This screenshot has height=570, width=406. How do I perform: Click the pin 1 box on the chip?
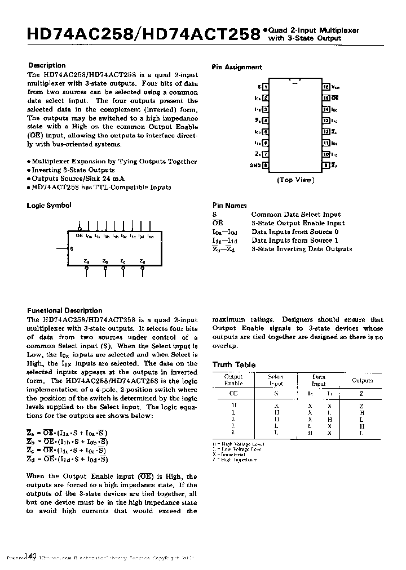[266, 87]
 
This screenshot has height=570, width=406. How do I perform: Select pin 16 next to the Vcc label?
[325, 87]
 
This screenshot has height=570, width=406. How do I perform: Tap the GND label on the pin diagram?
[255, 166]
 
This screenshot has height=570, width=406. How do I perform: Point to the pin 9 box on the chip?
[325, 166]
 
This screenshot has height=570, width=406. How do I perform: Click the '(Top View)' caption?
[295, 180]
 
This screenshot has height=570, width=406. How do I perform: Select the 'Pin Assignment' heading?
[237, 67]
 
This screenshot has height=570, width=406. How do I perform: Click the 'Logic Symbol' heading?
[49, 206]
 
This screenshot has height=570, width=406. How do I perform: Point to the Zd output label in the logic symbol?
[142, 261]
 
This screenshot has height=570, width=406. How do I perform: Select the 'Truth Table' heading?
[233, 365]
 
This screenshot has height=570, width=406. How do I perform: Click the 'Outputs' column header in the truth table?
[362, 381]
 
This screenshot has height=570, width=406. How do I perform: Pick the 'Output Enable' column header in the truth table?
[233, 380]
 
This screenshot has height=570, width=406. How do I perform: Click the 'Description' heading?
[47, 65]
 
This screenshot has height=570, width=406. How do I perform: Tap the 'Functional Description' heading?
[65, 310]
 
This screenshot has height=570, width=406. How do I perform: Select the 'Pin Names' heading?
[230, 206]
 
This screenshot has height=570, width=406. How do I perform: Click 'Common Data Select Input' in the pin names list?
[295, 215]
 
